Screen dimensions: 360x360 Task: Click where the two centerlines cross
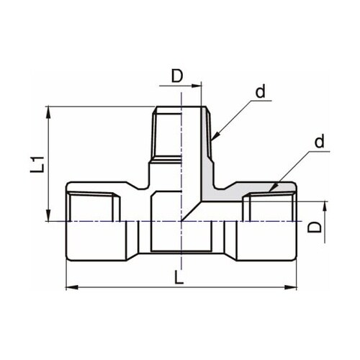pyautogui.click(x=181, y=221)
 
